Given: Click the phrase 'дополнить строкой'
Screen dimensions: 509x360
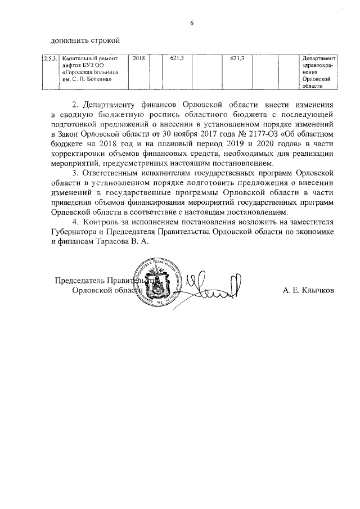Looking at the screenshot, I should point(85,40).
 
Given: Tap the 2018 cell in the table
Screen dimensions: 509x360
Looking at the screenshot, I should point(138,58).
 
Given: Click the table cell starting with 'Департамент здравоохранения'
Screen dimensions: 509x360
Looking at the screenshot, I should point(318,72).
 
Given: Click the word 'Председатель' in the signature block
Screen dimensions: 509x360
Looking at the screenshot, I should point(84,280).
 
